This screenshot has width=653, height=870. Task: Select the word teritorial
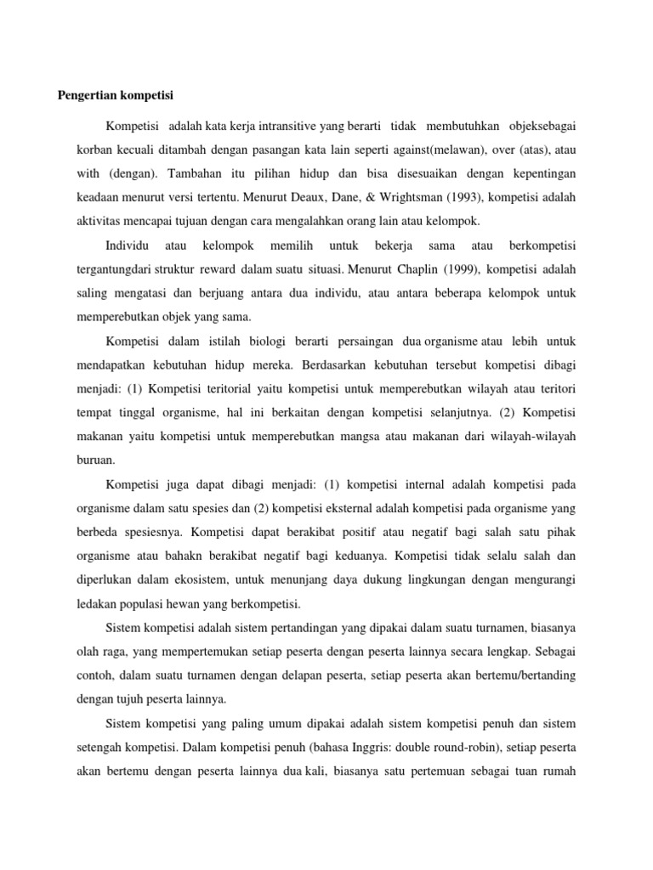(x=196, y=390)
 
